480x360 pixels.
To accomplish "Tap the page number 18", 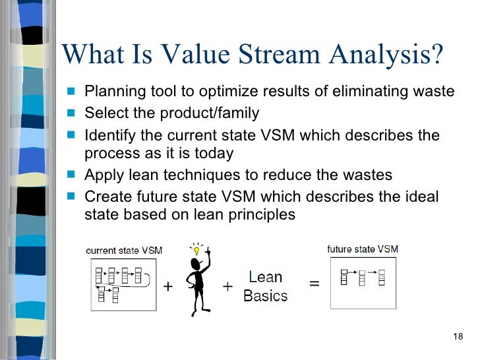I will [x=459, y=338].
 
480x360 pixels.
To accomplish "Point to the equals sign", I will [x=315, y=284].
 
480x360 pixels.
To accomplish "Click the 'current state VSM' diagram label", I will [x=124, y=251].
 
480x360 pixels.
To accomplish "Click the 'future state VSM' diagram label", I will [x=363, y=249].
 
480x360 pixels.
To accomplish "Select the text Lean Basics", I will [x=266, y=287].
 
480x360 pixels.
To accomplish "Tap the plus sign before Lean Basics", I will [x=228, y=287].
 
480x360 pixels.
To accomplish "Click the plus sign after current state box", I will [x=168, y=287].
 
